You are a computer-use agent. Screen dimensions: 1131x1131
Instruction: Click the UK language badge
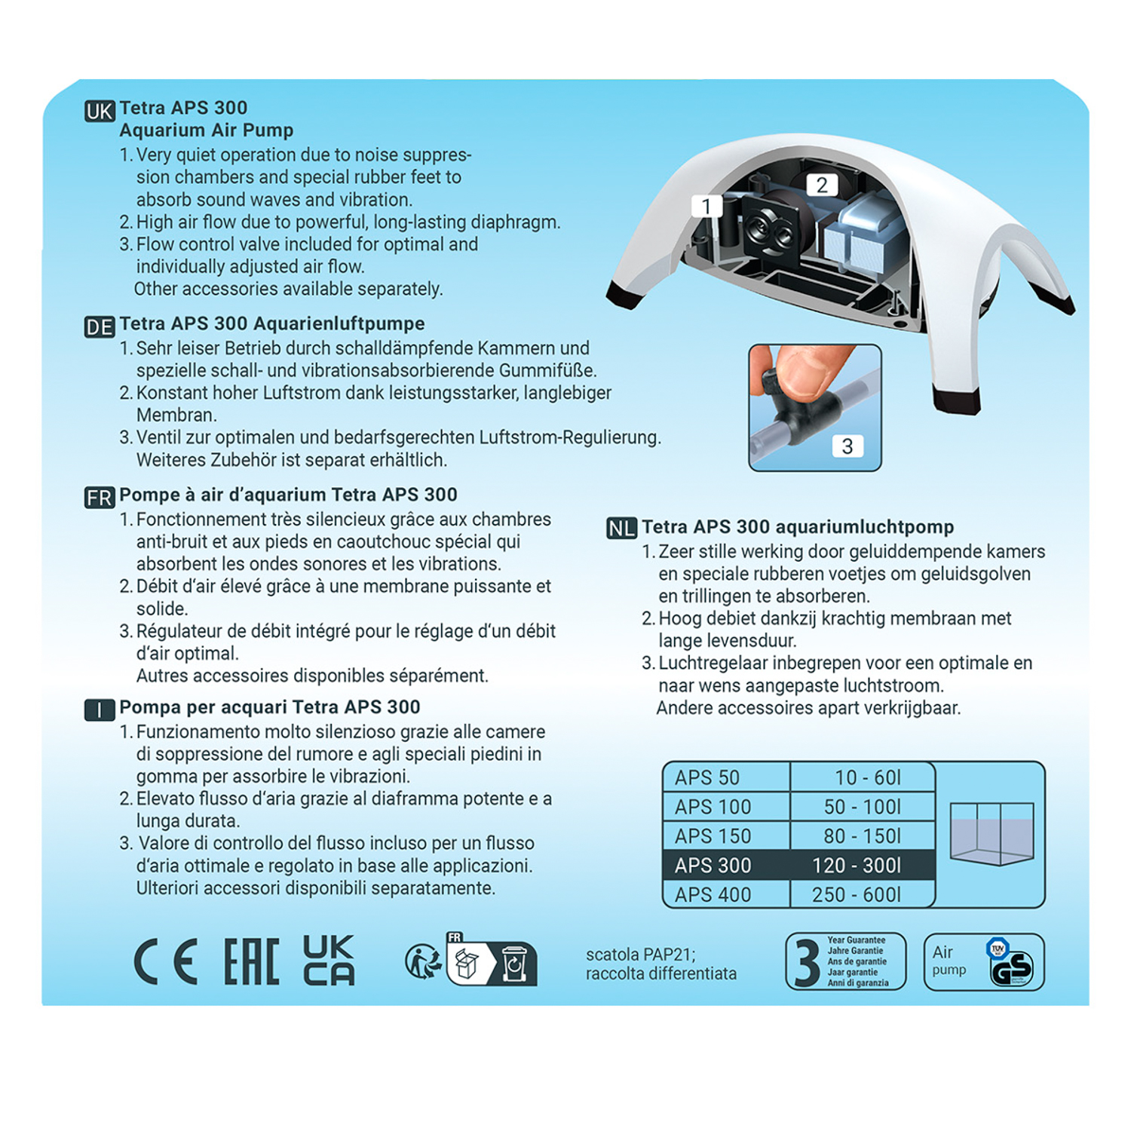100,112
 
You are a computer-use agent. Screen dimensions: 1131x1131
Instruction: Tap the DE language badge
100,327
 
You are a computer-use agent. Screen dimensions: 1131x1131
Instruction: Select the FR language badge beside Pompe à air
100,498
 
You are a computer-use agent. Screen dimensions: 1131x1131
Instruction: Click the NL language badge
621,529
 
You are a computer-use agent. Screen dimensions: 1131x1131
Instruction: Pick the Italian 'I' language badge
100,710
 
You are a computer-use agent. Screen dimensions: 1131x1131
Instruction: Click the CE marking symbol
166,962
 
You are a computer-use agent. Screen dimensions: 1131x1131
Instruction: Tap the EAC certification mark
252,962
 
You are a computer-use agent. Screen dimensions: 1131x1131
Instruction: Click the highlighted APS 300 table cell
713,866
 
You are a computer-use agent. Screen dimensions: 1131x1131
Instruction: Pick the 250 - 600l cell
857,895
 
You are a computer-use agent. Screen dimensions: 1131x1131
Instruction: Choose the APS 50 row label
707,777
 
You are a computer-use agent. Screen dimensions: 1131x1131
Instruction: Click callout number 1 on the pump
706,206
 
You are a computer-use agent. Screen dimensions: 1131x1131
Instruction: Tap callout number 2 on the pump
822,185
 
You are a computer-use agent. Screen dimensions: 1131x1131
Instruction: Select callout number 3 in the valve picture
847,446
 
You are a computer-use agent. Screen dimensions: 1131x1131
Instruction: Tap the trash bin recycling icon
514,964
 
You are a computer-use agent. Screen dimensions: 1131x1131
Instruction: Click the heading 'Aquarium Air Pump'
207,130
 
